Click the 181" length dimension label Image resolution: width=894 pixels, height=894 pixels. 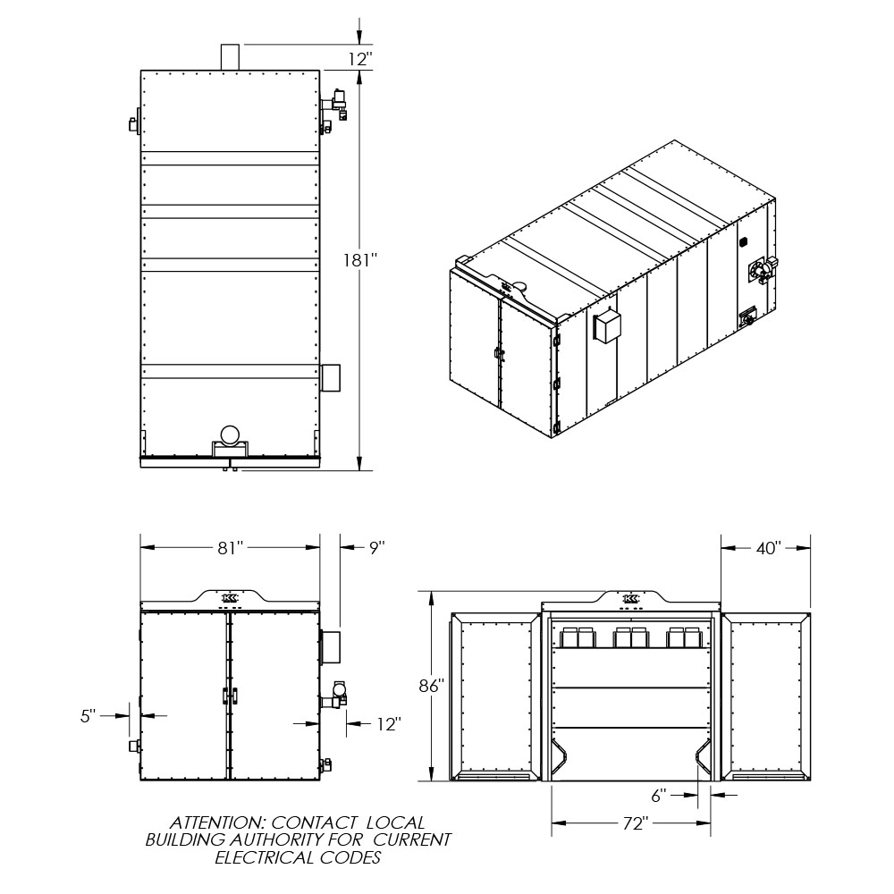click(360, 260)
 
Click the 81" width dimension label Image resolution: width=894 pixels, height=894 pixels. click(231, 548)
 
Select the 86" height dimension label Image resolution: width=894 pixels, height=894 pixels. click(431, 686)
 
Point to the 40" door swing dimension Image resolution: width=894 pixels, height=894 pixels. click(768, 548)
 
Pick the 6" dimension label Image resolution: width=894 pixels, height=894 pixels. click(659, 796)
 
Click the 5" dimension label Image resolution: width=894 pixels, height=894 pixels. click(89, 715)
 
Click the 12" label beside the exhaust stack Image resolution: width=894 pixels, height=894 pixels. click(360, 59)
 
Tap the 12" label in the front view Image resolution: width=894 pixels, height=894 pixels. click(389, 724)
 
